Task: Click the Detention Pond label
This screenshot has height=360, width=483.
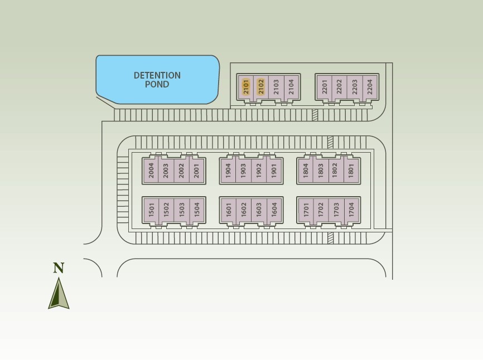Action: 157,80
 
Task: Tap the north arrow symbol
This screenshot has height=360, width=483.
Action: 59,294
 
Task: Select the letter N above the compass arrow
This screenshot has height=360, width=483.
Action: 59,268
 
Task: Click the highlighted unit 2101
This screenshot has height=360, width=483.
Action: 246,87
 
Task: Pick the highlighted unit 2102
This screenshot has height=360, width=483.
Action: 261,87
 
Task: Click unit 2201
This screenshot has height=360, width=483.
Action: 325,87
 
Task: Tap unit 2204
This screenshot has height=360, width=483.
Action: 370,87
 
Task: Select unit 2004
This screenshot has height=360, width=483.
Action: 151,170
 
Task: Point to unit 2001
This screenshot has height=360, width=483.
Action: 196,170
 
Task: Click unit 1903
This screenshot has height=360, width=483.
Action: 243,170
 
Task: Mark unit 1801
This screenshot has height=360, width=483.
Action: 351,170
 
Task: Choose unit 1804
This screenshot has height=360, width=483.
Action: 306,170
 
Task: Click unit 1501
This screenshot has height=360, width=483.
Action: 151,210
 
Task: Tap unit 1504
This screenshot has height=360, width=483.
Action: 196,210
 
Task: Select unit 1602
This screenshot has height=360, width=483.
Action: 244,210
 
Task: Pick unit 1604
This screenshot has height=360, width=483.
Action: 274,210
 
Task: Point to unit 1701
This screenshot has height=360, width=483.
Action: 306,210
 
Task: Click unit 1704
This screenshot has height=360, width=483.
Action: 351,210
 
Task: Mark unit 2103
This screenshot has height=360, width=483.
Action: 276,87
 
